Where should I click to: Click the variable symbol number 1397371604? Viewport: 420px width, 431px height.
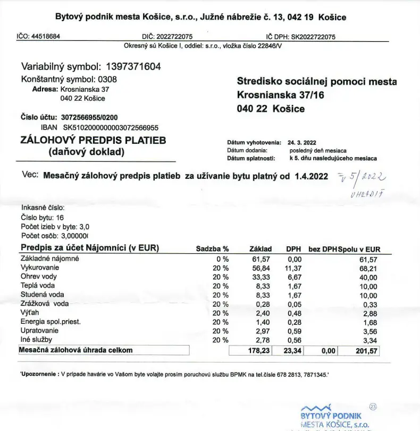coord(133,67)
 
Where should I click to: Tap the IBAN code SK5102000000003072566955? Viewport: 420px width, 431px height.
coord(111,127)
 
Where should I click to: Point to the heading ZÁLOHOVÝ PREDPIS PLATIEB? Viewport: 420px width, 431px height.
coord(93,141)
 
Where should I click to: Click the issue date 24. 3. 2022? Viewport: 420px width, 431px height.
coord(302,142)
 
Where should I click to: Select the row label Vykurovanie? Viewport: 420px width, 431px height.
coord(40,268)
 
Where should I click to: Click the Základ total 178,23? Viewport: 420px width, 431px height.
coord(261,351)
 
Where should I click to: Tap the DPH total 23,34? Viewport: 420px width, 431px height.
coord(291,351)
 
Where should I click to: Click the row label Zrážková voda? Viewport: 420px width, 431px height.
coord(45,304)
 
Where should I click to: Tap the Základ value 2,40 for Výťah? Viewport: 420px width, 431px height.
coord(264,313)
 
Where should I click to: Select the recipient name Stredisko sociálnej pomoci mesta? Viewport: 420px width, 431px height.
coord(317,82)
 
